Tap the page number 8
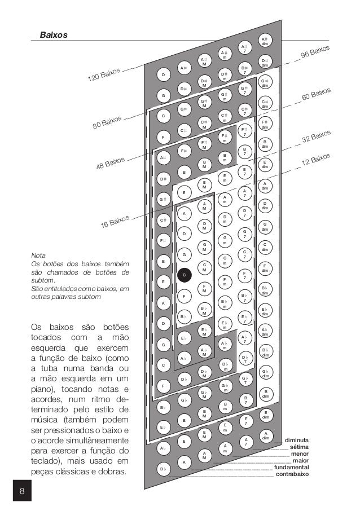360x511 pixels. pos(21,492)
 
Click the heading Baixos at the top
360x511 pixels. pos(54,35)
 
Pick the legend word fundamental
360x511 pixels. pos(291,467)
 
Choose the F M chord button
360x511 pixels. pos(203,288)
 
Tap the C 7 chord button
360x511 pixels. pos(244,254)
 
